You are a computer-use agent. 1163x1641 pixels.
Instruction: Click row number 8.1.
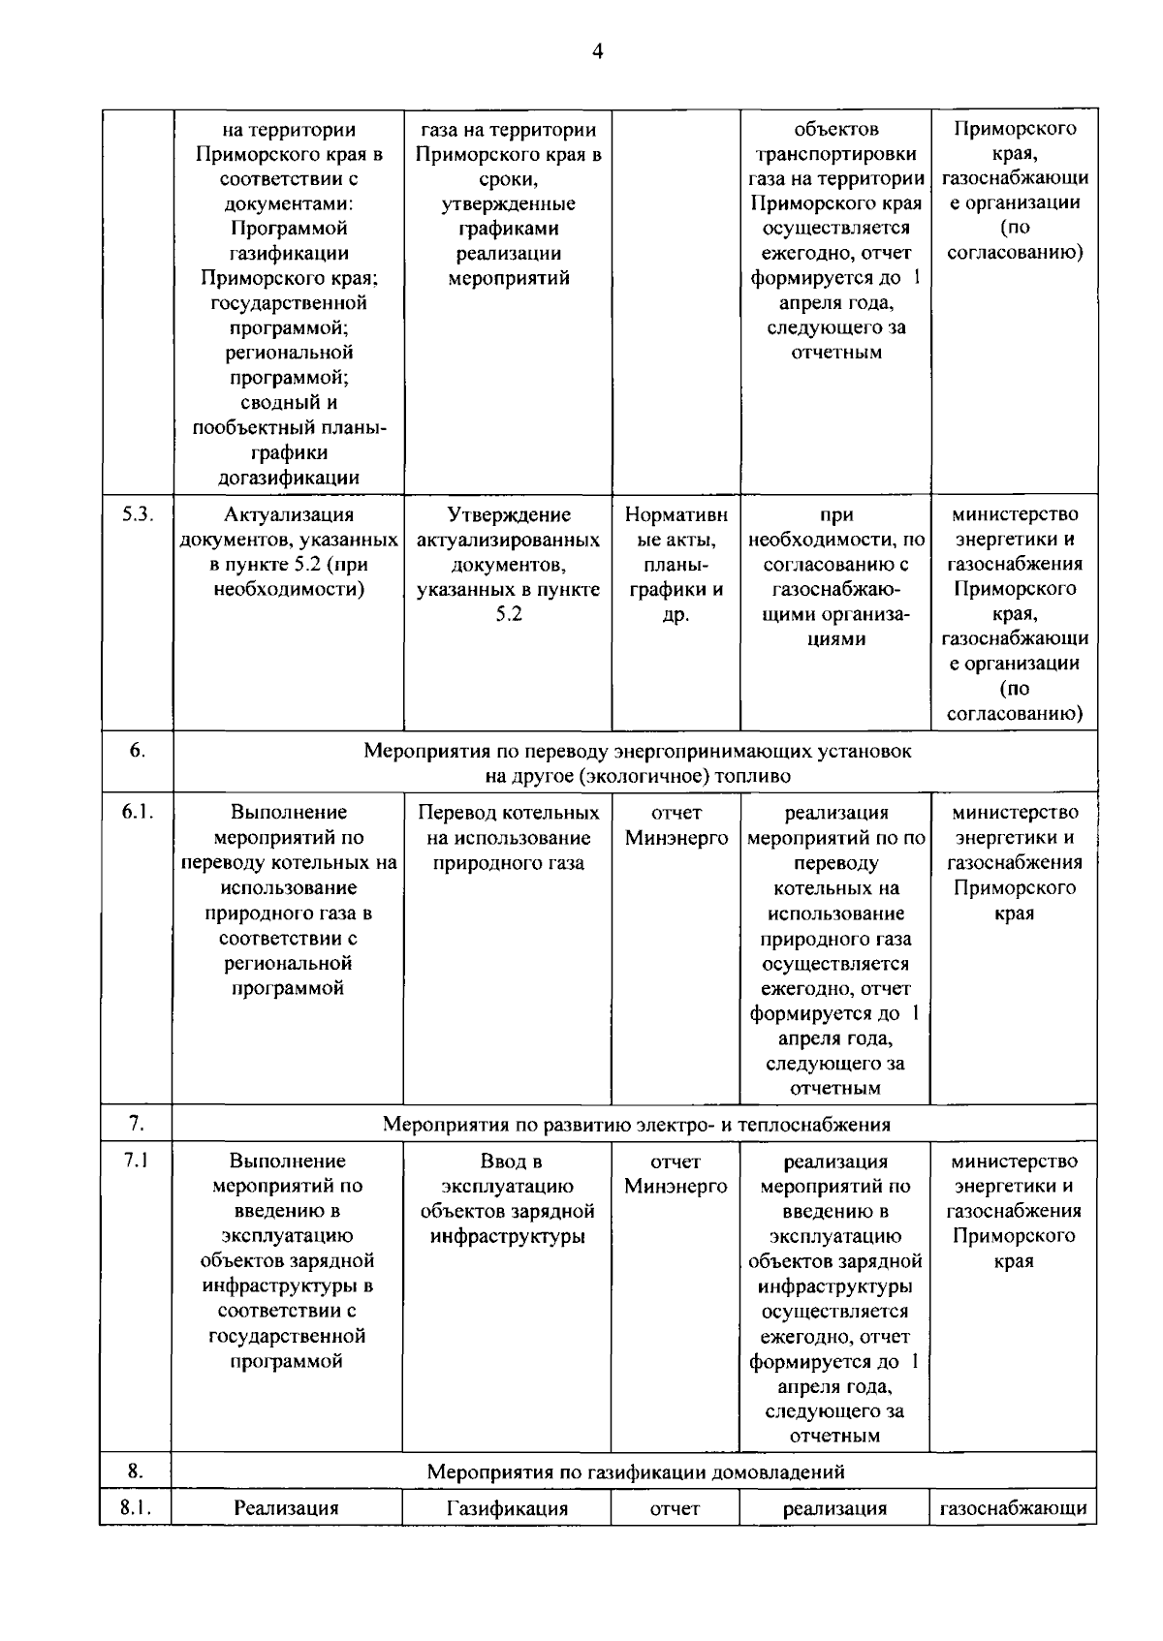click(137, 1507)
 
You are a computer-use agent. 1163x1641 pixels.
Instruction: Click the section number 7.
click(137, 1123)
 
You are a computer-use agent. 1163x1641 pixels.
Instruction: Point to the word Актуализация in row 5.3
click(288, 514)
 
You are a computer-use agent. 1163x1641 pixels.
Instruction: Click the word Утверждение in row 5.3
click(508, 514)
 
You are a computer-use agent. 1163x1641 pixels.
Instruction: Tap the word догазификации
click(288, 477)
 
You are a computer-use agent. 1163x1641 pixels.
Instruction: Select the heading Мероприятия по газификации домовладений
click(636, 1471)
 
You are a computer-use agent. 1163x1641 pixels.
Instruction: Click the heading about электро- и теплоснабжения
click(636, 1124)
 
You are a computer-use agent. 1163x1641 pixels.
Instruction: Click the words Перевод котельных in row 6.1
click(508, 812)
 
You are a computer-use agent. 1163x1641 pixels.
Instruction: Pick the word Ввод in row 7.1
click(510, 1161)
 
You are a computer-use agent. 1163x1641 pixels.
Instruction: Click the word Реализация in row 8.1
click(287, 1508)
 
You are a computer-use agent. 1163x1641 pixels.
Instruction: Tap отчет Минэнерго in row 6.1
click(676, 824)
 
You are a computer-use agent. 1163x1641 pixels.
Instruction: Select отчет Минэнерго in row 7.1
click(676, 1173)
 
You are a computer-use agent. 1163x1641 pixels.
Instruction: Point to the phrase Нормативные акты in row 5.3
click(676, 527)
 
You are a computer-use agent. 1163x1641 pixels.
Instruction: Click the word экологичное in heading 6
click(647, 776)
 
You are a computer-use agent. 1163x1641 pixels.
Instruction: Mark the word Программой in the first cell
click(288, 229)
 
